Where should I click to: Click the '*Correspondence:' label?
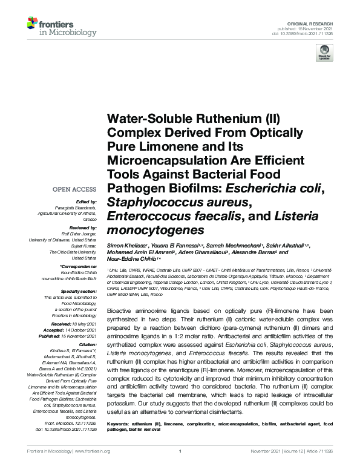pos(79,266)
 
